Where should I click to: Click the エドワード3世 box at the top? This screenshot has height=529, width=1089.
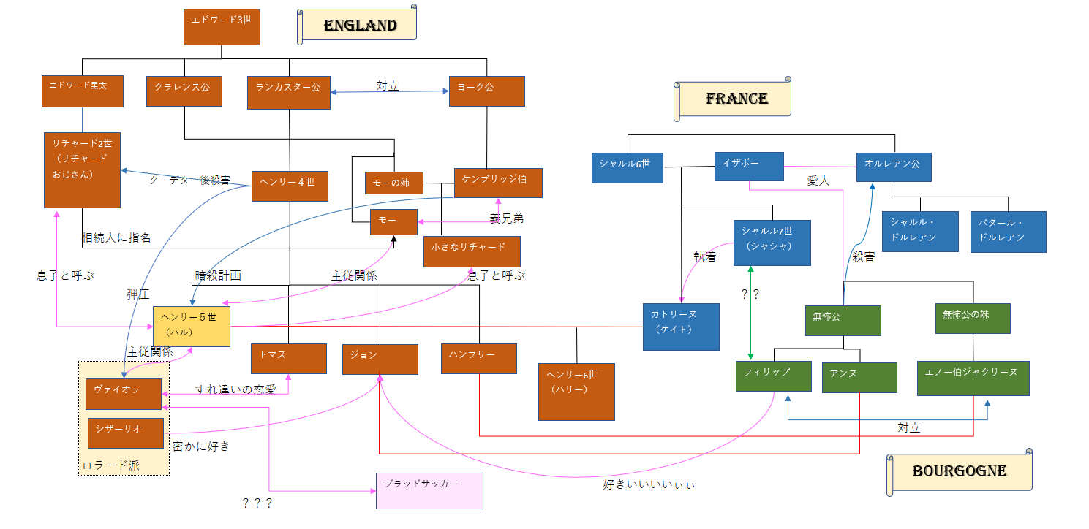point(222,27)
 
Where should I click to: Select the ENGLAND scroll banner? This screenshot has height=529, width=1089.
point(358,26)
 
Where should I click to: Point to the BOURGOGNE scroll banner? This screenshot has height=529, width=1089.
point(960,472)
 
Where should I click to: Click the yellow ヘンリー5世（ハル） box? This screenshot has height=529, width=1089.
point(191,325)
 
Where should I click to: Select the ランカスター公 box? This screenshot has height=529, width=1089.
point(289,93)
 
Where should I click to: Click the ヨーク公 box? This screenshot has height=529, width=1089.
point(486,91)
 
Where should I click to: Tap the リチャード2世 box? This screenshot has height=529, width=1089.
point(82,170)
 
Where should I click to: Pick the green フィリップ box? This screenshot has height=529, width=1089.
point(774,376)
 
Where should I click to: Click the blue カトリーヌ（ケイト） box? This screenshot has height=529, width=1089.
point(681,327)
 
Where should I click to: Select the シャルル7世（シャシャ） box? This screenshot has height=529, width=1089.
point(772,244)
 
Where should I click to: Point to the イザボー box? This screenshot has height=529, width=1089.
point(749,166)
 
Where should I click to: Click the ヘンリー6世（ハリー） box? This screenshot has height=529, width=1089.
point(576,391)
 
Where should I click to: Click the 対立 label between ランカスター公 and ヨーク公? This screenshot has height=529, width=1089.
point(388,86)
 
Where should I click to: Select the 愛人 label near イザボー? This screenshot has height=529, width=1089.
point(818,180)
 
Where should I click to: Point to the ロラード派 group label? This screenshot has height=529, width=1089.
point(110,465)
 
